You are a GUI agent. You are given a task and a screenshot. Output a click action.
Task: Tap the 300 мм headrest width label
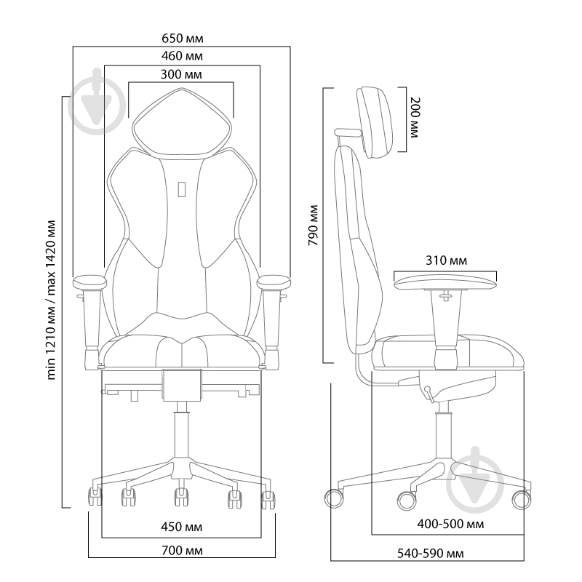point(181,74)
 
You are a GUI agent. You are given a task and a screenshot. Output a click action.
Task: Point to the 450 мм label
point(181,526)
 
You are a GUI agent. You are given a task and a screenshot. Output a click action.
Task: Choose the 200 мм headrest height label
point(414,119)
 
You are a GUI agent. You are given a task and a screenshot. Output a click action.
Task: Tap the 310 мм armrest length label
point(446,260)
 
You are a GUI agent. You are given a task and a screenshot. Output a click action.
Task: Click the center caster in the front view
point(179,498)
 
